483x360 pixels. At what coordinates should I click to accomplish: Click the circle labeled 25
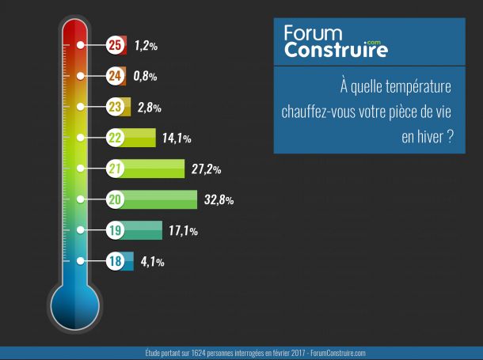[116, 45]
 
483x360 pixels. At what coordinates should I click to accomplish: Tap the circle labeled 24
[116, 76]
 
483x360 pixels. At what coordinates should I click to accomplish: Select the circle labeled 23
[116, 107]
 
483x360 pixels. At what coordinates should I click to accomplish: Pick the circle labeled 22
[116, 138]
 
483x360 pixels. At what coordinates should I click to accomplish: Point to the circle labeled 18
[116, 261]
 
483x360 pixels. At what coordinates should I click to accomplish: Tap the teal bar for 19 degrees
[144, 230]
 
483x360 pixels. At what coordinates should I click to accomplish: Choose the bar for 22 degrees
[140, 138]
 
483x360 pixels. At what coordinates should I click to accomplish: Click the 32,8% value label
[219, 200]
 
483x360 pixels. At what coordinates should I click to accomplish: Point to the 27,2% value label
[206, 169]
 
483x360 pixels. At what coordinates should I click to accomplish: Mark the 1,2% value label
[146, 46]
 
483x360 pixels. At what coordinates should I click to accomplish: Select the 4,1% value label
[152, 262]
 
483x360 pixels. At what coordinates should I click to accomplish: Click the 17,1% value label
[183, 231]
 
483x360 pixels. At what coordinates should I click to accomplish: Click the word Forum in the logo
[314, 34]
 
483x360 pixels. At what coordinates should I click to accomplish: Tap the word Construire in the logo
[336, 51]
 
